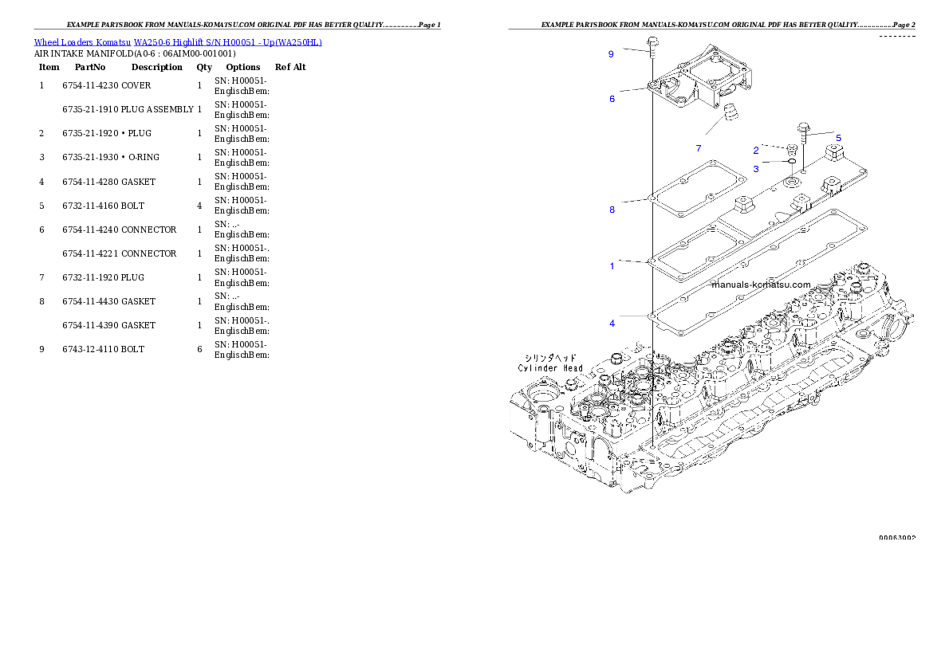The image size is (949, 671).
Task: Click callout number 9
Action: point(611,54)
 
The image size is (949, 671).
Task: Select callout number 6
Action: point(612,99)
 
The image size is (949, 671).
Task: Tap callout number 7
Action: point(698,148)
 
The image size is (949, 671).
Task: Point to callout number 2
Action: point(756,150)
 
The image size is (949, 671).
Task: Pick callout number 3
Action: point(756,169)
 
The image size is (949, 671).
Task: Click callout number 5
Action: point(838,138)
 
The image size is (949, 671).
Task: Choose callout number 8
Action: point(612,210)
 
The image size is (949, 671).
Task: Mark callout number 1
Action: point(612,266)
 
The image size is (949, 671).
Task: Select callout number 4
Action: point(612,324)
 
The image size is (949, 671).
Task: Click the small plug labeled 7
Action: point(729,114)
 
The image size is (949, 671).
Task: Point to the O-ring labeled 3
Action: point(792,161)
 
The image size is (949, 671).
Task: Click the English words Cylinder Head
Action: point(550,368)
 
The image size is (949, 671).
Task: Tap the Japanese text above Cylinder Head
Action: point(550,358)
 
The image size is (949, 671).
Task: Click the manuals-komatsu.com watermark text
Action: point(761,284)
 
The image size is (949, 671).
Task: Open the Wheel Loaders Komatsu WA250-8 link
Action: point(178,42)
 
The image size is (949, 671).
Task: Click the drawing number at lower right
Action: point(896,538)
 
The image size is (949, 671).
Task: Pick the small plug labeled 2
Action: point(791,149)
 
